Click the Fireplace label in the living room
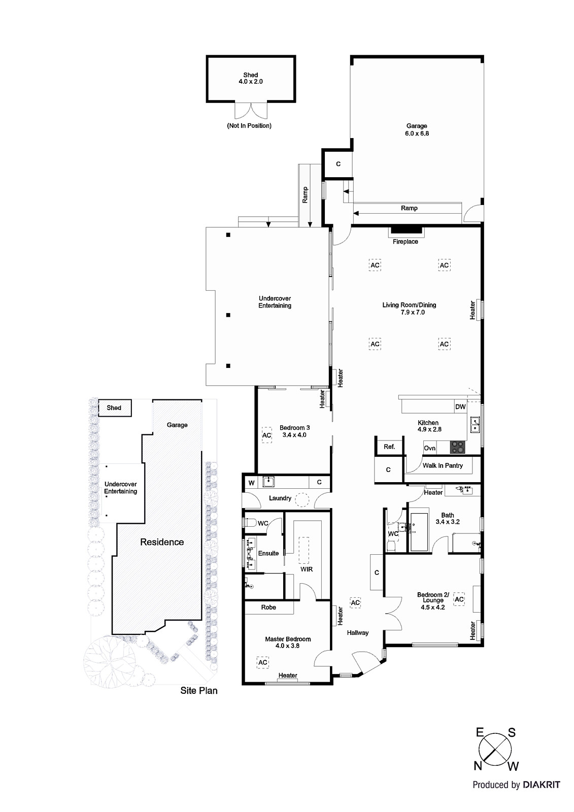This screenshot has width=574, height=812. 405,242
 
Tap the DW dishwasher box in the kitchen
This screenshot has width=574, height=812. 460,407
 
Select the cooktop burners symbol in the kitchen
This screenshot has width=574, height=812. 457,447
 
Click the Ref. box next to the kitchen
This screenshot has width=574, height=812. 389,447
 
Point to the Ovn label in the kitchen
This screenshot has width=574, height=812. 429,448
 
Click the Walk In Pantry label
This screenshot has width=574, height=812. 442,465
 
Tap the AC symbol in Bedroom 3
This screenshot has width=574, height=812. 266,435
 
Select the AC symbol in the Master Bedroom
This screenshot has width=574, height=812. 262,662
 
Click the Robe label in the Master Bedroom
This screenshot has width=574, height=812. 268,607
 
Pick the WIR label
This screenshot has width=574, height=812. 307,569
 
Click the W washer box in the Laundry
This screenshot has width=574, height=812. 251,483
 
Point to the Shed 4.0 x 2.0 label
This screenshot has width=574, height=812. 250,78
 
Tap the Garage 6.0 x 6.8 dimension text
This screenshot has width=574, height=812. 417,133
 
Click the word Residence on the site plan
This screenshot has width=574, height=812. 162,542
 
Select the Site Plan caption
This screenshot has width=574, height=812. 198,690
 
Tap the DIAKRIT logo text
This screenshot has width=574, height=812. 541,785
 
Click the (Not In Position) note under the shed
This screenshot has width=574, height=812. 249,125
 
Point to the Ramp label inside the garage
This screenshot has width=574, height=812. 409,208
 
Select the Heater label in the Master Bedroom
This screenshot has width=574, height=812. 287,675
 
